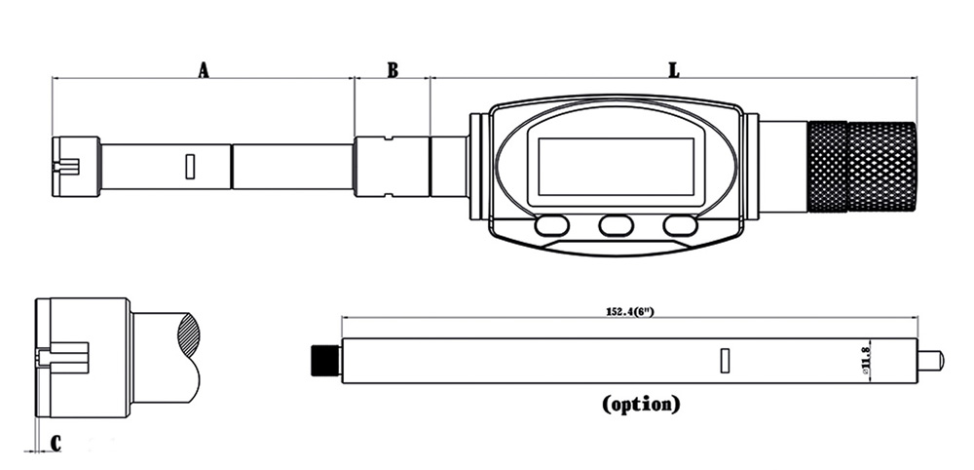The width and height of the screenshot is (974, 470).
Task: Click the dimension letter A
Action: click(204, 70)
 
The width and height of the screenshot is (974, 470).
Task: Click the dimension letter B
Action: click(393, 70)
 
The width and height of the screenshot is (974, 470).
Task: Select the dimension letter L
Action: click(673, 70)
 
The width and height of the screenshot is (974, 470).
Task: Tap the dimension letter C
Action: click(56, 444)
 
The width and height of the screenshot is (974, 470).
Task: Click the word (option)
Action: click(641, 403)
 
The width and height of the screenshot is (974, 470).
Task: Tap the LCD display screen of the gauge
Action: click(617, 165)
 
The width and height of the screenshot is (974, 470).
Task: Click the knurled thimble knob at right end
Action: click(862, 167)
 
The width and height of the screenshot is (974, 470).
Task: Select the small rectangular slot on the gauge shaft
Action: click(190, 167)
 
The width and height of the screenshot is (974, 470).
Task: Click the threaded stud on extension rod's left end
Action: click(324, 360)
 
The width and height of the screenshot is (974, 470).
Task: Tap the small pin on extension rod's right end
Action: click(930, 361)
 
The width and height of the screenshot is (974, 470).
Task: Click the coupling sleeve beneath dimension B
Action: click(392, 167)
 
